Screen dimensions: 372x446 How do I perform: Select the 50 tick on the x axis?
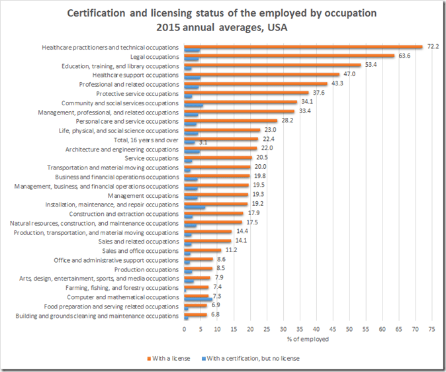[349, 328]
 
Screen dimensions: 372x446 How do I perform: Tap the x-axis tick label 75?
[431, 328]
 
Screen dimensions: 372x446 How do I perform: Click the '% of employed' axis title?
[308, 339]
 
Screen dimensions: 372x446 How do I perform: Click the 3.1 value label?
[203, 142]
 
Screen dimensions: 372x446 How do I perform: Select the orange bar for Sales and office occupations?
[202, 250]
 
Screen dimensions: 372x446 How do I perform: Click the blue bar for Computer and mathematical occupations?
[198, 300]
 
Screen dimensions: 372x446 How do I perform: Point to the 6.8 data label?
[214, 315]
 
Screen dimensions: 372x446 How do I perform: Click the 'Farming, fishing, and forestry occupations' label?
[122, 288]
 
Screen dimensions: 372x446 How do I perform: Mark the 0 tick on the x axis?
[184, 328]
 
